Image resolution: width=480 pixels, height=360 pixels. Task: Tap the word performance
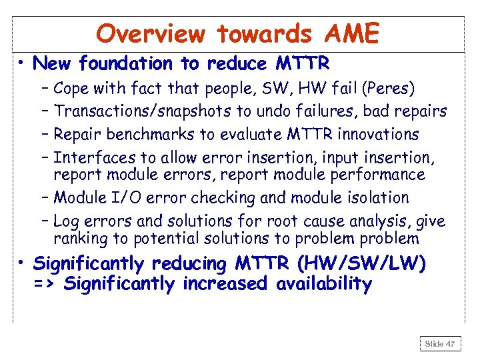pyautogui.click(x=383, y=175)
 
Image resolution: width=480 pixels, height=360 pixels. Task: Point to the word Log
pyautogui.click(x=65, y=221)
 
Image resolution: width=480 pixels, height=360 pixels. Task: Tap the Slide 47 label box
pyautogui.click(x=439, y=344)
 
